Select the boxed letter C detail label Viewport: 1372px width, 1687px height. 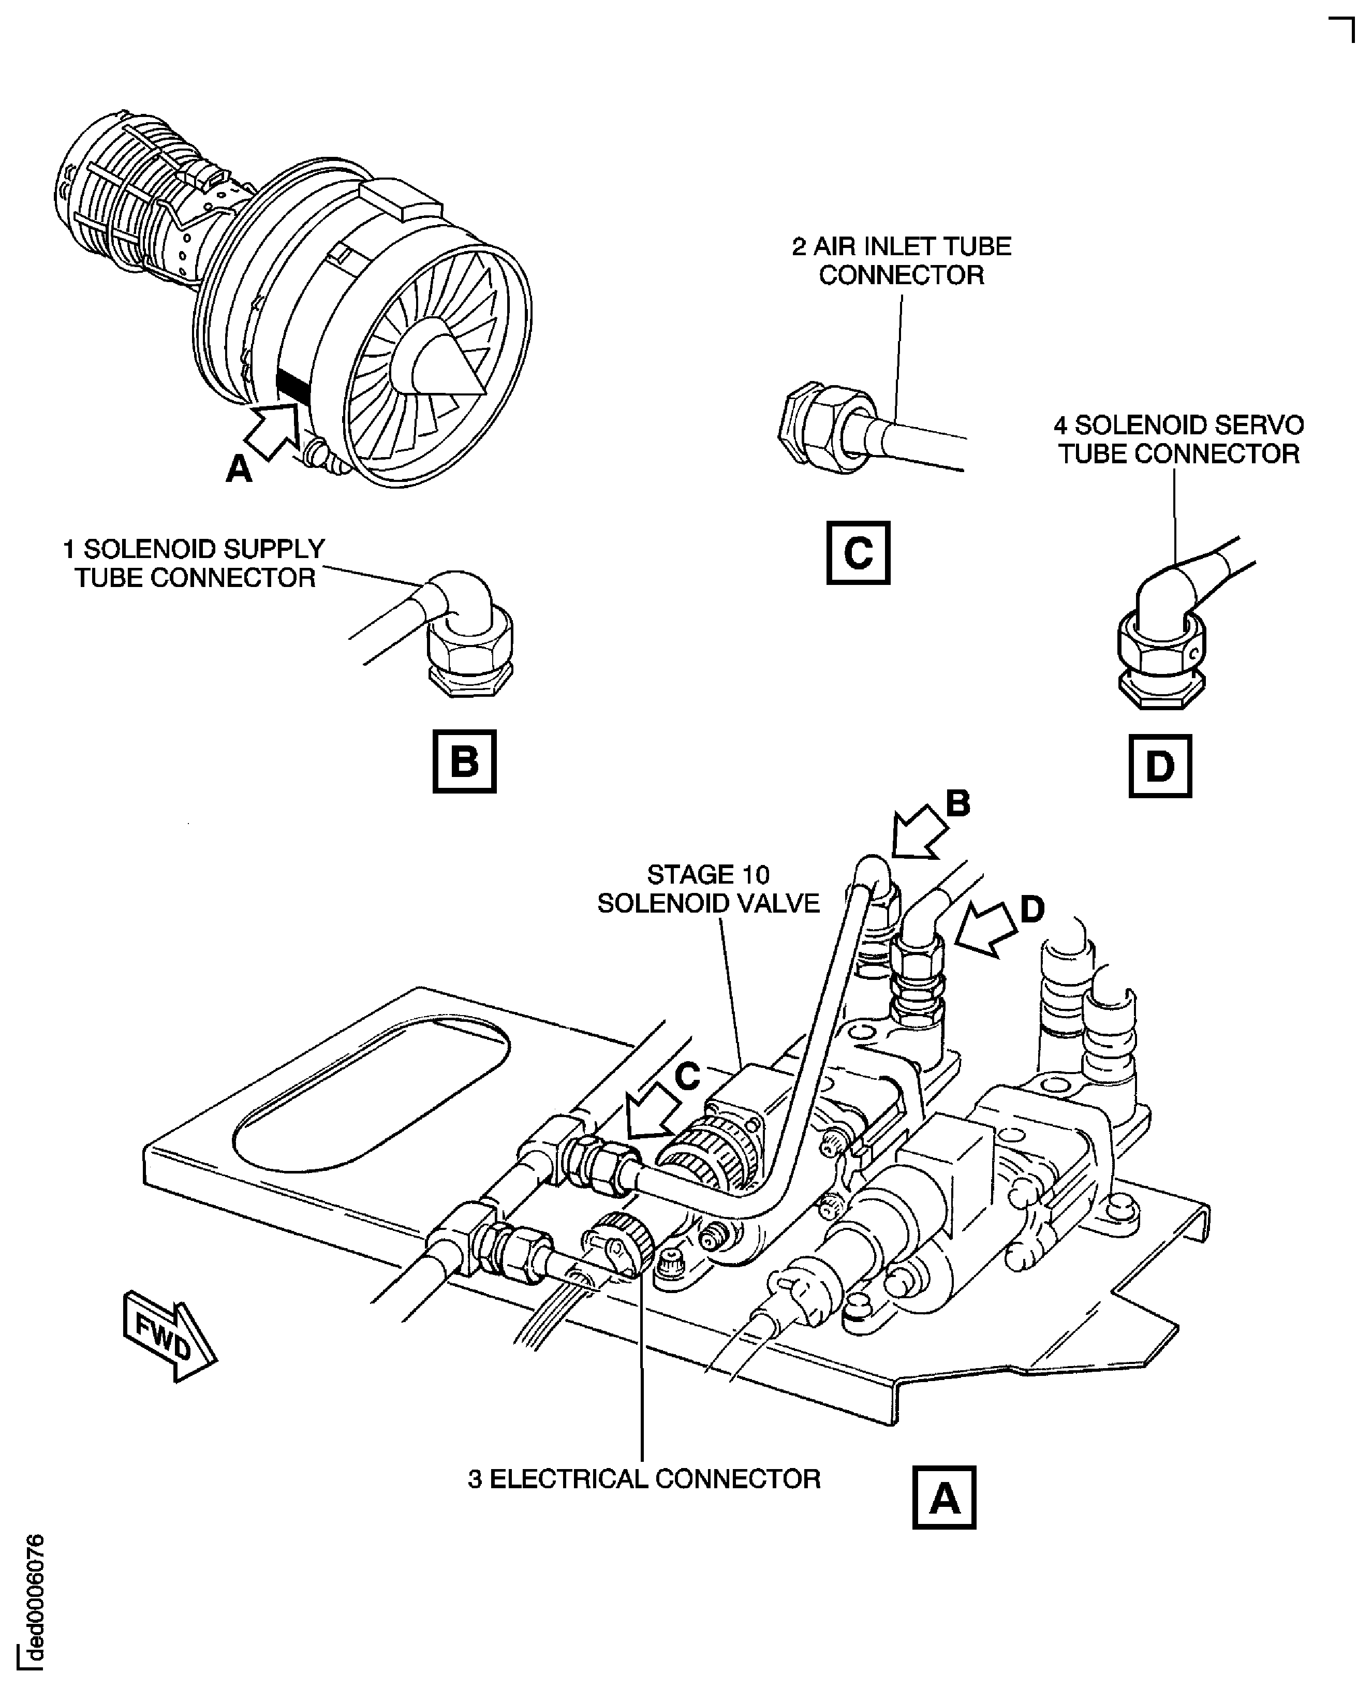coord(858,552)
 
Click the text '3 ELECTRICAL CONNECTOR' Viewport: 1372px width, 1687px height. coord(644,1479)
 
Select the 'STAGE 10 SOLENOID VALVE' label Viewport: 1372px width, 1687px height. coord(708,889)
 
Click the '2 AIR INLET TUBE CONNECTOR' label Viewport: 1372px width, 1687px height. coord(902,261)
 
